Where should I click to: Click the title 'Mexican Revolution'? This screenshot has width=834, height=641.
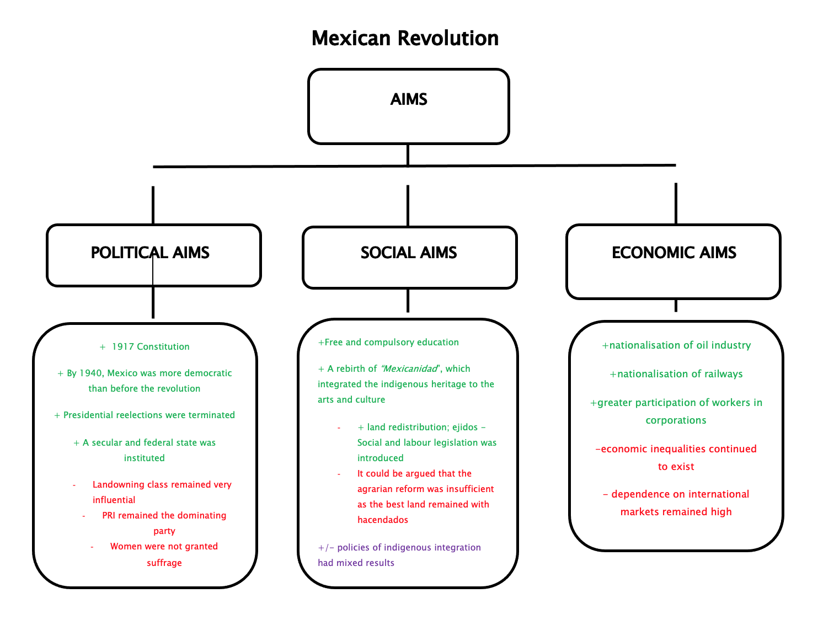coord(405,39)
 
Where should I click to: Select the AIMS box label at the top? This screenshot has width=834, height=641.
coord(409,99)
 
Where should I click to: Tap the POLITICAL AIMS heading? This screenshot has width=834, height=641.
coord(150,253)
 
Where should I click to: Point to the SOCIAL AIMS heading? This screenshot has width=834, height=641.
coord(409,253)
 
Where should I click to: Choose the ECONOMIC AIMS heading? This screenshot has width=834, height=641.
coord(674,253)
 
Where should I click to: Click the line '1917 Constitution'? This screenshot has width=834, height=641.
coord(151,347)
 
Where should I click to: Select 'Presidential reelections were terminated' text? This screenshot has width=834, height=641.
coord(149,415)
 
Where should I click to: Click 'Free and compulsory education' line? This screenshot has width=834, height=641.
coord(392,343)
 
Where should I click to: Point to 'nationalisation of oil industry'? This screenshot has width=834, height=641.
coord(680,345)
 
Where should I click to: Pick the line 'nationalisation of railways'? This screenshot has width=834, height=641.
coord(680,374)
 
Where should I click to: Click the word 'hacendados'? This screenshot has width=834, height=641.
coord(383,520)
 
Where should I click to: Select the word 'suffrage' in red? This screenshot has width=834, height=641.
coord(164,563)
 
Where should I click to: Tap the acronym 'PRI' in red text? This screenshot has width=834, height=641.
coord(109,516)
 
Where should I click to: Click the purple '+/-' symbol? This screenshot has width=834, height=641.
coord(326,548)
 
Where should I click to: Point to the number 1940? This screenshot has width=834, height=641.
coord(92,373)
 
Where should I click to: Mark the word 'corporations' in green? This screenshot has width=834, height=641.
coord(676,420)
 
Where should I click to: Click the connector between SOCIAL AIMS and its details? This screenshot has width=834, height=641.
coord(408,301)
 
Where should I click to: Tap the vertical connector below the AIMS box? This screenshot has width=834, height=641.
coord(408,154)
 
